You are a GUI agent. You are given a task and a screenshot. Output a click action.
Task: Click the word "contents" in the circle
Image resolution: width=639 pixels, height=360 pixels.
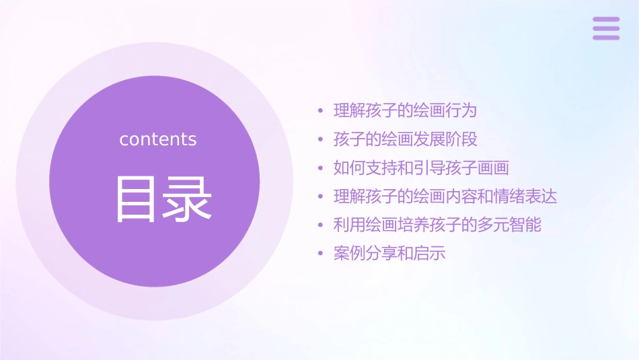point(158,139)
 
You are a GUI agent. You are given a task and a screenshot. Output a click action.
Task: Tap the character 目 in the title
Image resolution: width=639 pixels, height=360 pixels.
point(137,199)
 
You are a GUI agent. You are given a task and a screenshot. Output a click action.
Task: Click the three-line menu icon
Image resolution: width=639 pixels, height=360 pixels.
point(606,28)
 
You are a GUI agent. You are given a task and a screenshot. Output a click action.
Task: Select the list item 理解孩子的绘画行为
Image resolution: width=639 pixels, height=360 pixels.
point(405,110)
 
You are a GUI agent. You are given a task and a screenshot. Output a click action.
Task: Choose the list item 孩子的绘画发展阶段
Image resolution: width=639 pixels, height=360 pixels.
point(405,139)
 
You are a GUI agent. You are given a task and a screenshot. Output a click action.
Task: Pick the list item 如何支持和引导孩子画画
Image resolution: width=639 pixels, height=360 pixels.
point(421,168)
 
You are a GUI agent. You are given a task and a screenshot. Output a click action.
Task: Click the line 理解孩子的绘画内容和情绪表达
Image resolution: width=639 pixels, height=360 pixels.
point(445,196)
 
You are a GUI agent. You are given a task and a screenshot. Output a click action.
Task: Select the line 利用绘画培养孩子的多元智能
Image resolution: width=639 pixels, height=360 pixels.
point(437,225)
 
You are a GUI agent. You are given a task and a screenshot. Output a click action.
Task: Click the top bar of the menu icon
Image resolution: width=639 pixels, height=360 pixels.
point(606,20)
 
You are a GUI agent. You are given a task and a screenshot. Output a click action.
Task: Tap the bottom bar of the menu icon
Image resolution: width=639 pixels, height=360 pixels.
point(606,37)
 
